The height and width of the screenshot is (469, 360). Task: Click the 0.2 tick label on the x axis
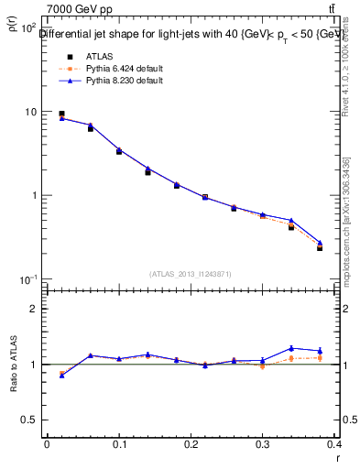point(191,444)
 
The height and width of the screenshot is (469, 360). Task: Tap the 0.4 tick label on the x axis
point(335,444)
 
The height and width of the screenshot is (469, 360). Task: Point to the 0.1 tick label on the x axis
point(119,444)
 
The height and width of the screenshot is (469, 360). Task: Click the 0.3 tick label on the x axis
point(263,444)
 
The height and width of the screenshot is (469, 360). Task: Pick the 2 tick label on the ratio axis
point(33,309)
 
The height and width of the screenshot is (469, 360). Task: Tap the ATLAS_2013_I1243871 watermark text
point(191,274)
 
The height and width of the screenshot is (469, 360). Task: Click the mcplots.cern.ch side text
point(346,229)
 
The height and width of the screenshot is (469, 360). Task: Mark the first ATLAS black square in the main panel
point(61,114)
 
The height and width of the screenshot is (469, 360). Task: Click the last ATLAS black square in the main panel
point(320,247)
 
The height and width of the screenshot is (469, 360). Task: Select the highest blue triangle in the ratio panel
point(291,348)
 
